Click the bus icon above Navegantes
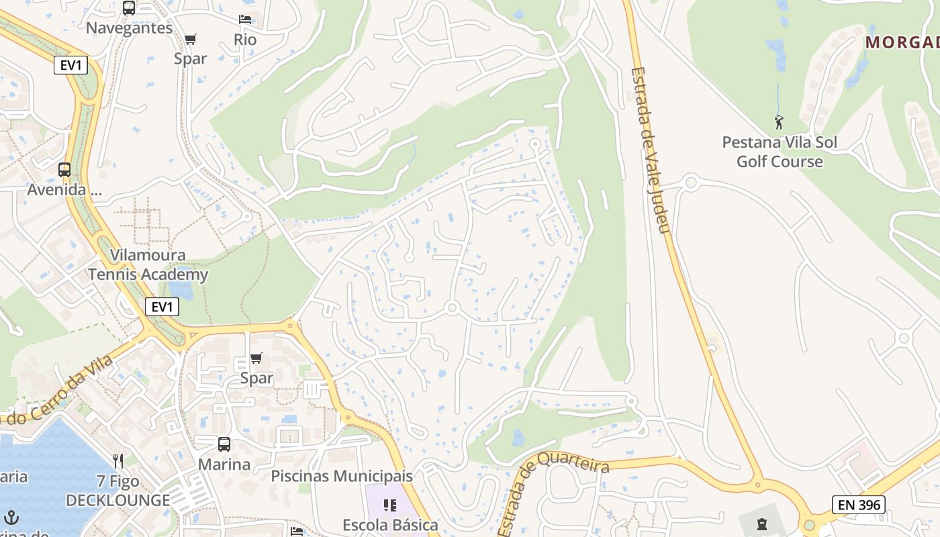click(x=129, y=8)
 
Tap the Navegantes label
click(x=130, y=28)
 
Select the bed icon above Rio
click(x=245, y=19)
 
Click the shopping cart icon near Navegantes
click(x=191, y=39)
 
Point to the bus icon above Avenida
click(x=64, y=170)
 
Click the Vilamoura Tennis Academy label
click(x=148, y=264)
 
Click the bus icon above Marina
click(x=224, y=444)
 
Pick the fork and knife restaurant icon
click(x=119, y=461)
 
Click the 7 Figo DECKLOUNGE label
click(x=118, y=491)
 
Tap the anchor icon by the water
click(x=11, y=518)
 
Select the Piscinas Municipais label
click(x=342, y=476)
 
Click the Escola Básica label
click(x=390, y=525)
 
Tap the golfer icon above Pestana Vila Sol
click(x=779, y=123)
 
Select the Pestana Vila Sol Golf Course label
click(x=780, y=152)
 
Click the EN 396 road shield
click(x=859, y=505)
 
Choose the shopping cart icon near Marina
click(x=256, y=358)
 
